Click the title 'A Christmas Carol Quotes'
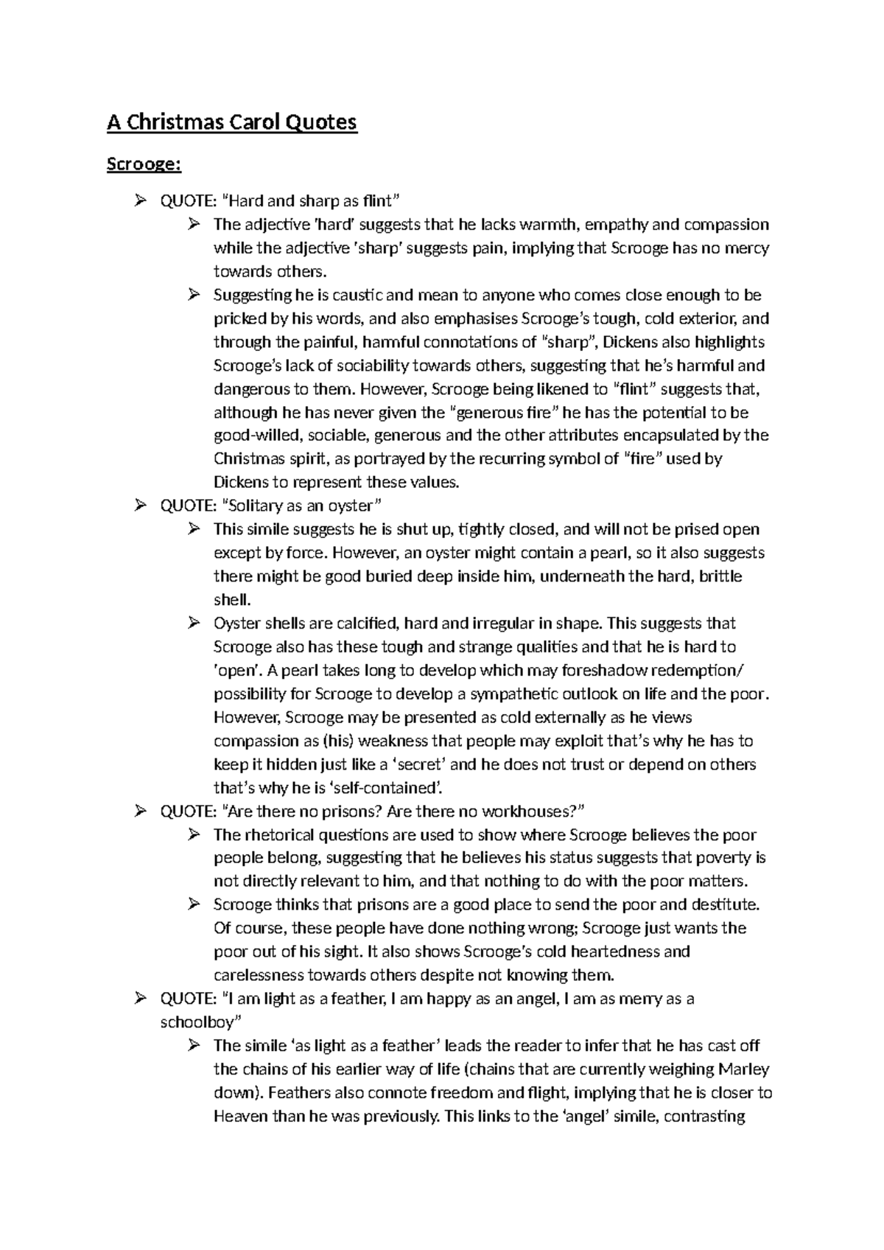point(231,122)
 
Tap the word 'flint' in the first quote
point(375,200)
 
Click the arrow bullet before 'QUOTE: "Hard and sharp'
point(141,200)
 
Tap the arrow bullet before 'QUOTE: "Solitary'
point(141,506)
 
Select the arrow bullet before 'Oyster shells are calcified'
point(194,624)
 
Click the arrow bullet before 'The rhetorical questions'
point(194,835)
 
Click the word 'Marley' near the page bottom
point(744,1069)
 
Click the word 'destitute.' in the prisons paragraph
point(722,904)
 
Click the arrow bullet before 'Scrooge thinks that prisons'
point(194,904)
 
